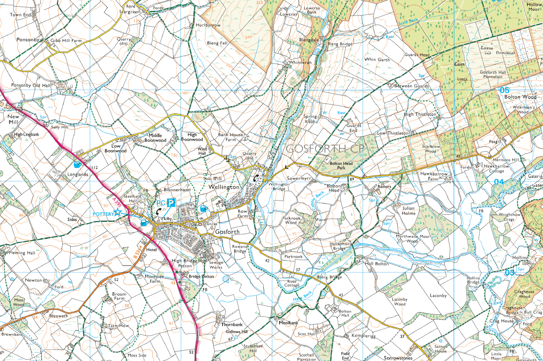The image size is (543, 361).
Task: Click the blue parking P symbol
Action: click(x=171, y=202)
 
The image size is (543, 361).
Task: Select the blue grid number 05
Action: click(x=504, y=90)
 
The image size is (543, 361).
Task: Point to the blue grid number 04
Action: click(x=499, y=181)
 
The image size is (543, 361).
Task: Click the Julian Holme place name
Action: click(x=408, y=210)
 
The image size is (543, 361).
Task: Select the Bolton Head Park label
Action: click(x=341, y=166)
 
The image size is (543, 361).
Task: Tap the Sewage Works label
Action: click(x=216, y=265)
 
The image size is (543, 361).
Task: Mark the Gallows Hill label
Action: click(x=237, y=332)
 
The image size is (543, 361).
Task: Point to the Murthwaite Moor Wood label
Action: click(x=412, y=239)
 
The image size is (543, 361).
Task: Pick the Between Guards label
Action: click(x=411, y=86)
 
